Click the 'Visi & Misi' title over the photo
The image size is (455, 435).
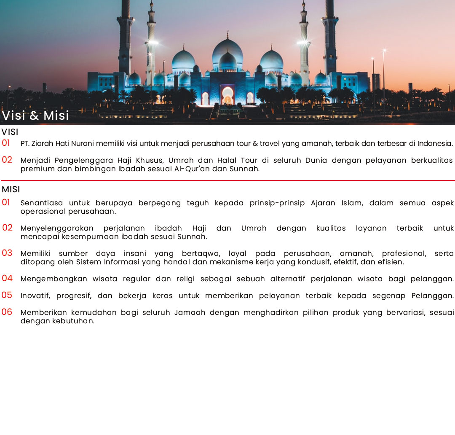click(35, 115)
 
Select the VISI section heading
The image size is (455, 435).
click(10, 132)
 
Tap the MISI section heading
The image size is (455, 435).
click(11, 189)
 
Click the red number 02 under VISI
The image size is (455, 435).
click(7, 160)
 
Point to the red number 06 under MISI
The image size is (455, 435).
click(7, 312)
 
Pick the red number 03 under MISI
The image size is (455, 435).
click(7, 253)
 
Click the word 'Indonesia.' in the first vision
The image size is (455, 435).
click(435, 144)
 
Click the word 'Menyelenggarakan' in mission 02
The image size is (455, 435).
click(57, 228)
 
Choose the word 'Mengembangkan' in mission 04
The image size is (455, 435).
click(54, 279)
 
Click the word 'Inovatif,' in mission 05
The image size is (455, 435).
click(35, 295)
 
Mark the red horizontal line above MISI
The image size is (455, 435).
click(227, 180)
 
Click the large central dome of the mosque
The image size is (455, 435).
click(227, 51)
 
